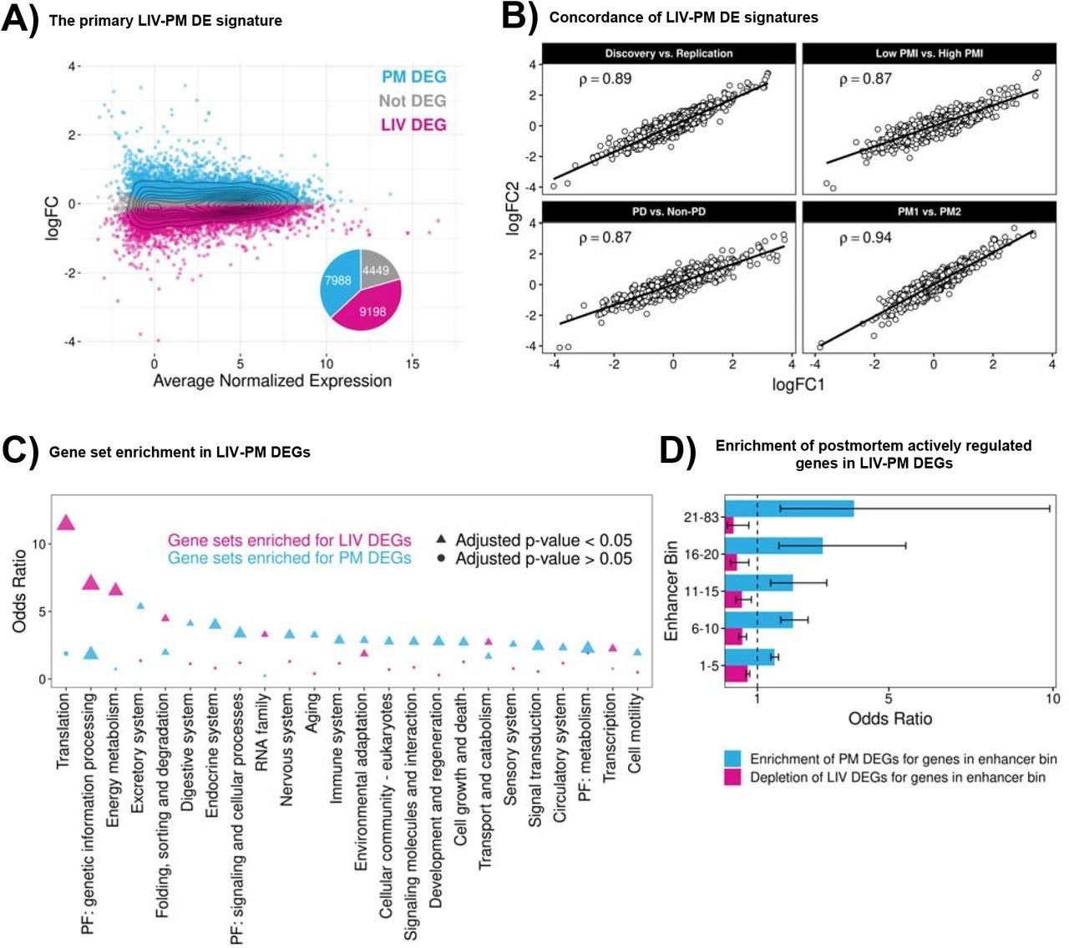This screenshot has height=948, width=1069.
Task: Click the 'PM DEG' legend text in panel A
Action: click(x=413, y=77)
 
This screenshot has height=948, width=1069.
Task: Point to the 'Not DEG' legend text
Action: click(x=412, y=101)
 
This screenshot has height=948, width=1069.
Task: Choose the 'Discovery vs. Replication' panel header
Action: click(x=669, y=53)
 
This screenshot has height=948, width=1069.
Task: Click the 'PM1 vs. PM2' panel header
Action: click(x=929, y=212)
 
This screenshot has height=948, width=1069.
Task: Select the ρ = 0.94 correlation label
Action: click(x=865, y=238)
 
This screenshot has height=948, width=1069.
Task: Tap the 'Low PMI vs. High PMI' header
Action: click(x=929, y=53)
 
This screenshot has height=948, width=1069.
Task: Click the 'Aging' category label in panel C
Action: click(x=313, y=712)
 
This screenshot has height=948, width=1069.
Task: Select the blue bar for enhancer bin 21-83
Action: click(x=789, y=509)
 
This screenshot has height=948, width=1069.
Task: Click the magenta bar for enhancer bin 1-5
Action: click(x=736, y=674)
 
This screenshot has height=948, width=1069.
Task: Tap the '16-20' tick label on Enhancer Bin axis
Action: click(x=701, y=555)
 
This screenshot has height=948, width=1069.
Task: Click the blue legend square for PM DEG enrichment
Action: click(x=732, y=758)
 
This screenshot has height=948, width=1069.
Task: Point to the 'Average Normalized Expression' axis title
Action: click(x=272, y=381)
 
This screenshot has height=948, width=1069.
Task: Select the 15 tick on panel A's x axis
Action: click(x=413, y=363)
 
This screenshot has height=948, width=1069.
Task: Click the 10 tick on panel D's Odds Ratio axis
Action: click(x=1052, y=699)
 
